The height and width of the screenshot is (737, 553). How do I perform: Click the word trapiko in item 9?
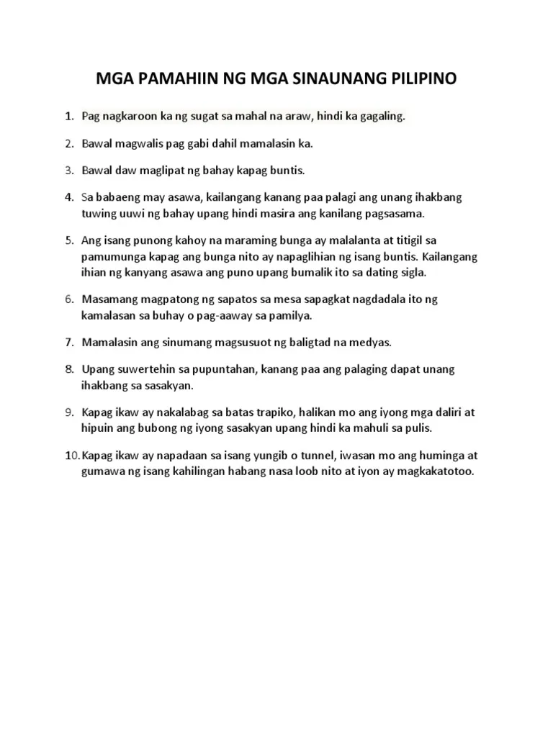coord(296,412)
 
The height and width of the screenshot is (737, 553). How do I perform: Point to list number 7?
coord(69,343)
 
